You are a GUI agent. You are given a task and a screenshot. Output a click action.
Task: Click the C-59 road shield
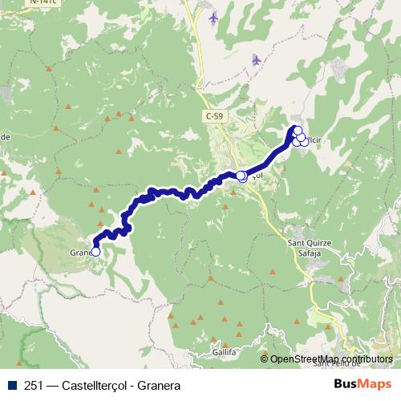click(x=213, y=116)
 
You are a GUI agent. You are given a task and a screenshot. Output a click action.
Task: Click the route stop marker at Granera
click(x=95, y=251)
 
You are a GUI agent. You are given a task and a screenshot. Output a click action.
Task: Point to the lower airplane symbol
click(x=256, y=59)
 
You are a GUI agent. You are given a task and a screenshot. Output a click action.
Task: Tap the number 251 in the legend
click(x=34, y=384)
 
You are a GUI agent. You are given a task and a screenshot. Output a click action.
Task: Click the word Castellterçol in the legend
click(x=99, y=384)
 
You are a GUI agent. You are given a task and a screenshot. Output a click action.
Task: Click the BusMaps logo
click(x=360, y=383)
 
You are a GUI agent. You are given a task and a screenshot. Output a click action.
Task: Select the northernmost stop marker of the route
click(x=297, y=131)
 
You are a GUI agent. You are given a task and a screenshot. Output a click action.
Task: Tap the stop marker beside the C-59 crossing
click(x=241, y=176)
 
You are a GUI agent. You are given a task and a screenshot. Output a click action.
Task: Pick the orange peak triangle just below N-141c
click(x=49, y=69)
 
